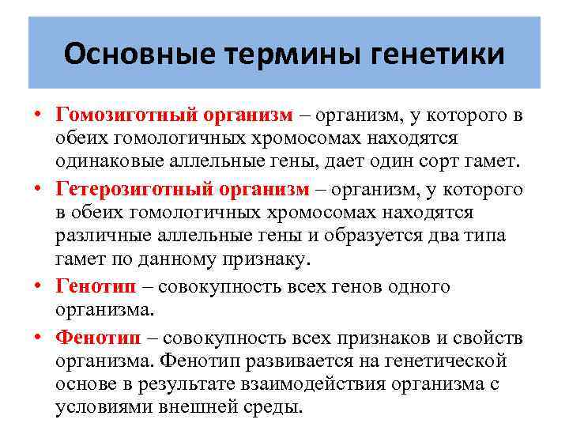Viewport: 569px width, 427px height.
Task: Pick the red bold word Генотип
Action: (96, 287)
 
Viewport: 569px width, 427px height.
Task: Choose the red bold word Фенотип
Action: (99, 338)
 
